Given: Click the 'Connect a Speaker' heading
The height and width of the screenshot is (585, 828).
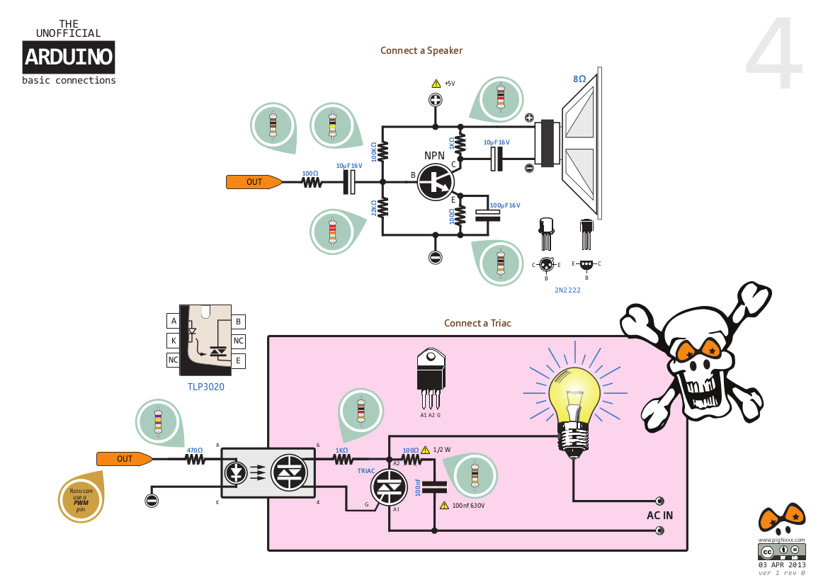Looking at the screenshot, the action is tap(421, 51).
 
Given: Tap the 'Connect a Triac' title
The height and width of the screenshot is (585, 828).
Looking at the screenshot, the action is tap(477, 323).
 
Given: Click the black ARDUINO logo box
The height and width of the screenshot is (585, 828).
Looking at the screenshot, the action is tap(69, 57).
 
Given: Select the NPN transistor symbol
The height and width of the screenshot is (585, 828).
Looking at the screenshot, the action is tap(436, 182).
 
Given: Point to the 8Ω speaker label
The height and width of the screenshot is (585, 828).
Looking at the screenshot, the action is tap(579, 79).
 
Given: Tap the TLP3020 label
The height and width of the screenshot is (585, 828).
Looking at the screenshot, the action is tap(206, 387).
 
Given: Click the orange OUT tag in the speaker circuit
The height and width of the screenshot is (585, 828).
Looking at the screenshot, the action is tap(254, 182).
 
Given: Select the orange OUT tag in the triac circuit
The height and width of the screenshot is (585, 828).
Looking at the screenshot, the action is tap(125, 459).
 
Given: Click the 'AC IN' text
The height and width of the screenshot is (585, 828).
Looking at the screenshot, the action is tap(659, 516).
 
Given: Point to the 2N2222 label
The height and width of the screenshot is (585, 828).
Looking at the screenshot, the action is tap(567, 290).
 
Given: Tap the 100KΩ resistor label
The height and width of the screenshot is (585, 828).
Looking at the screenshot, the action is tap(374, 152).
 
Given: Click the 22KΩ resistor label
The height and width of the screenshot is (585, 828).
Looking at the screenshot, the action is tap(374, 208).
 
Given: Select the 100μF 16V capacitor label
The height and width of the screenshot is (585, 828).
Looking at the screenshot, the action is tap(505, 205).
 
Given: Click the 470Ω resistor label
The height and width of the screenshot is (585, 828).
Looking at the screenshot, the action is tap(194, 450).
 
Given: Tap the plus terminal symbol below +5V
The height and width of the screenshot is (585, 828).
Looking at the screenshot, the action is tap(435, 100).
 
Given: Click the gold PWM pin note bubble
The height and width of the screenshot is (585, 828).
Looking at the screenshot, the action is tap(81, 499).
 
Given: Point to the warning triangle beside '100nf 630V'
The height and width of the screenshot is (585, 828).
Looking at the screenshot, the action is tap(444, 505).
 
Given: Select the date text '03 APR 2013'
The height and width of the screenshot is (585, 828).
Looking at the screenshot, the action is tap(782, 565).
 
